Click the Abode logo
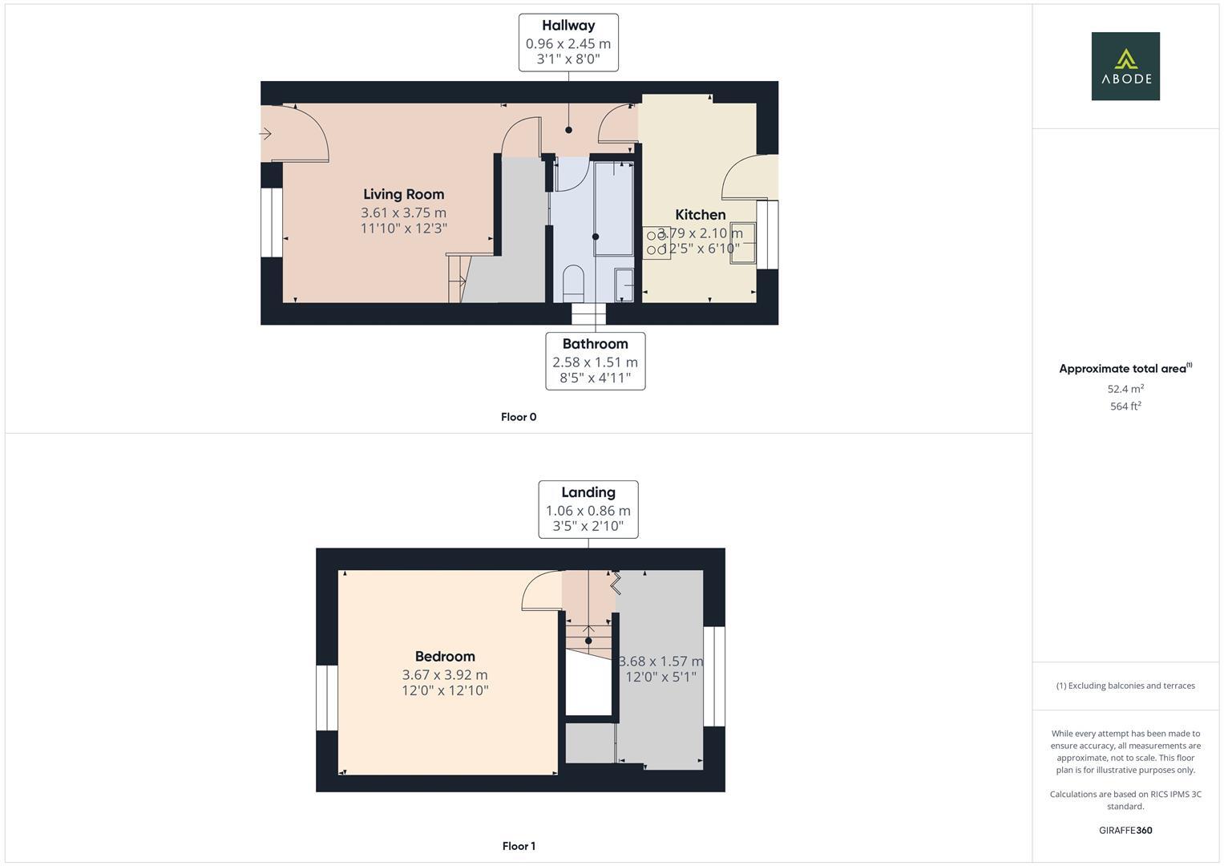(1125, 67)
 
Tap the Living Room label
(403, 194)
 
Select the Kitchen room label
(700, 215)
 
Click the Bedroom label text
(445, 657)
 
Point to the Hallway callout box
(568, 42)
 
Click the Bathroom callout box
(595, 361)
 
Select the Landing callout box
(588, 509)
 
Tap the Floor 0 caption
(519, 417)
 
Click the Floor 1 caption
(519, 846)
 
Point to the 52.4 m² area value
(1125, 389)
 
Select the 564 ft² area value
(1125, 407)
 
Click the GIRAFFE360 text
(1125, 831)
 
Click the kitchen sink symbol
(742, 241)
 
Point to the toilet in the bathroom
(573, 283)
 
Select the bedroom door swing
(541, 592)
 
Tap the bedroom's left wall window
(327, 698)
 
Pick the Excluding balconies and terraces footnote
(1125, 686)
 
